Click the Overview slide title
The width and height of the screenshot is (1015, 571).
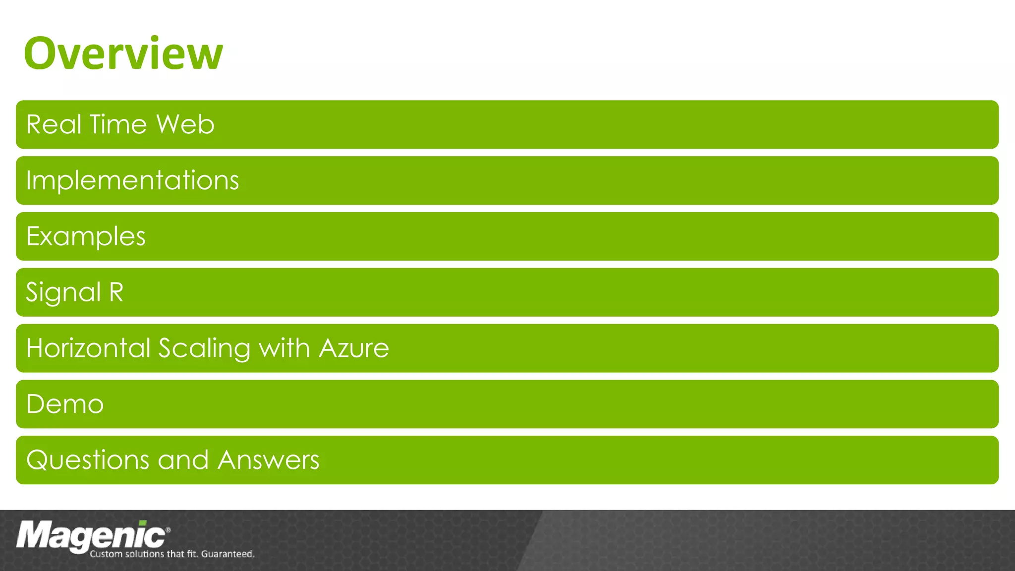pyautogui.click(x=123, y=54)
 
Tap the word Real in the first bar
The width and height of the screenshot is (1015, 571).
pyautogui.click(x=54, y=124)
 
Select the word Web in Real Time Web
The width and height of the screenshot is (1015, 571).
pyautogui.click(x=185, y=124)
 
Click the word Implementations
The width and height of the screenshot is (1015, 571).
pyautogui.click(x=132, y=180)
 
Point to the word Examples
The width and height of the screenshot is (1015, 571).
pyautogui.click(x=86, y=236)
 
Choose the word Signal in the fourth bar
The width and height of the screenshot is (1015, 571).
pyautogui.click(x=63, y=292)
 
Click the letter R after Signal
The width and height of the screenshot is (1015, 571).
pyautogui.click(x=116, y=292)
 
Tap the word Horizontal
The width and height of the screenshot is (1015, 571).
pyautogui.click(x=88, y=348)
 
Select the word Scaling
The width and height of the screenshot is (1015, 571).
pyautogui.click(x=204, y=349)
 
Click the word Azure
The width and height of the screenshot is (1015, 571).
pyautogui.click(x=354, y=348)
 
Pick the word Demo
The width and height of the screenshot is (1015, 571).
pyautogui.click(x=65, y=404)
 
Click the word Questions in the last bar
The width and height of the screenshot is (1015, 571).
pyautogui.click(x=88, y=460)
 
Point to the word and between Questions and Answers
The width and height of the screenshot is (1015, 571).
pyautogui.click(x=183, y=460)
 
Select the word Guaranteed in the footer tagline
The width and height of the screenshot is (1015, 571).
pyautogui.click(x=227, y=554)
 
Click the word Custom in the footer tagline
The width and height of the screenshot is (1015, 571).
pyautogui.click(x=106, y=554)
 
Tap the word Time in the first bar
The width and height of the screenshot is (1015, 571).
pyautogui.click(x=118, y=124)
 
